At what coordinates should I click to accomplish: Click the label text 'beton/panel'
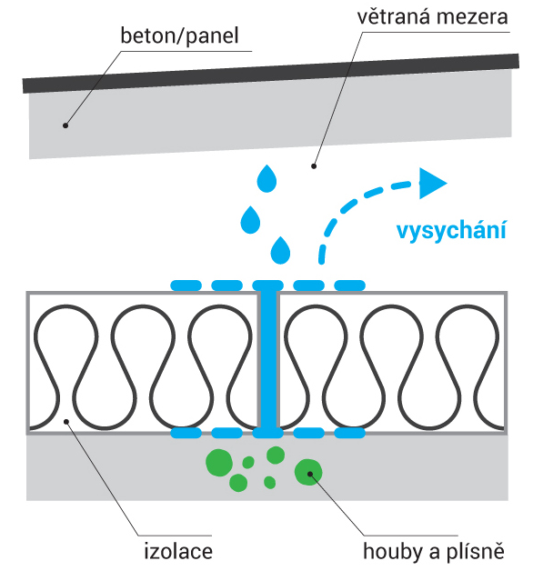(179, 36)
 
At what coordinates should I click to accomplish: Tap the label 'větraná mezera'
(432, 17)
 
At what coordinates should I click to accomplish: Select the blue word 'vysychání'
(451, 231)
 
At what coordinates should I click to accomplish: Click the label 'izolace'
(178, 551)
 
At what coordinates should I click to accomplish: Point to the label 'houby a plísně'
(434, 551)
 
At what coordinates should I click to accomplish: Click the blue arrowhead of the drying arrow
(432, 184)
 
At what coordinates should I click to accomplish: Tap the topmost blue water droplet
(266, 178)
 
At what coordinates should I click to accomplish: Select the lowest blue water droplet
(280, 250)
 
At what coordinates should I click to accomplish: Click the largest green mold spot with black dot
(308, 472)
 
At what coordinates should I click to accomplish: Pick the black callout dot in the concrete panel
(65, 125)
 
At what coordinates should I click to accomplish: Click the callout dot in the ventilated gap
(313, 166)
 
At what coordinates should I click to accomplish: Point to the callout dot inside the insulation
(66, 422)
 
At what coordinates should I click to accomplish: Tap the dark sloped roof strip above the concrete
(271, 74)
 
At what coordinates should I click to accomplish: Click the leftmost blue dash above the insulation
(186, 285)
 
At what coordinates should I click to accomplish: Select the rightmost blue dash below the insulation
(350, 433)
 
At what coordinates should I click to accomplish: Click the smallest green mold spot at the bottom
(269, 483)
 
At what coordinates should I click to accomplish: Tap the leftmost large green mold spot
(219, 463)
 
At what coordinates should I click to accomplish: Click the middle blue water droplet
(250, 220)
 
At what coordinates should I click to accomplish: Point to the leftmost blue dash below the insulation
(186, 433)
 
